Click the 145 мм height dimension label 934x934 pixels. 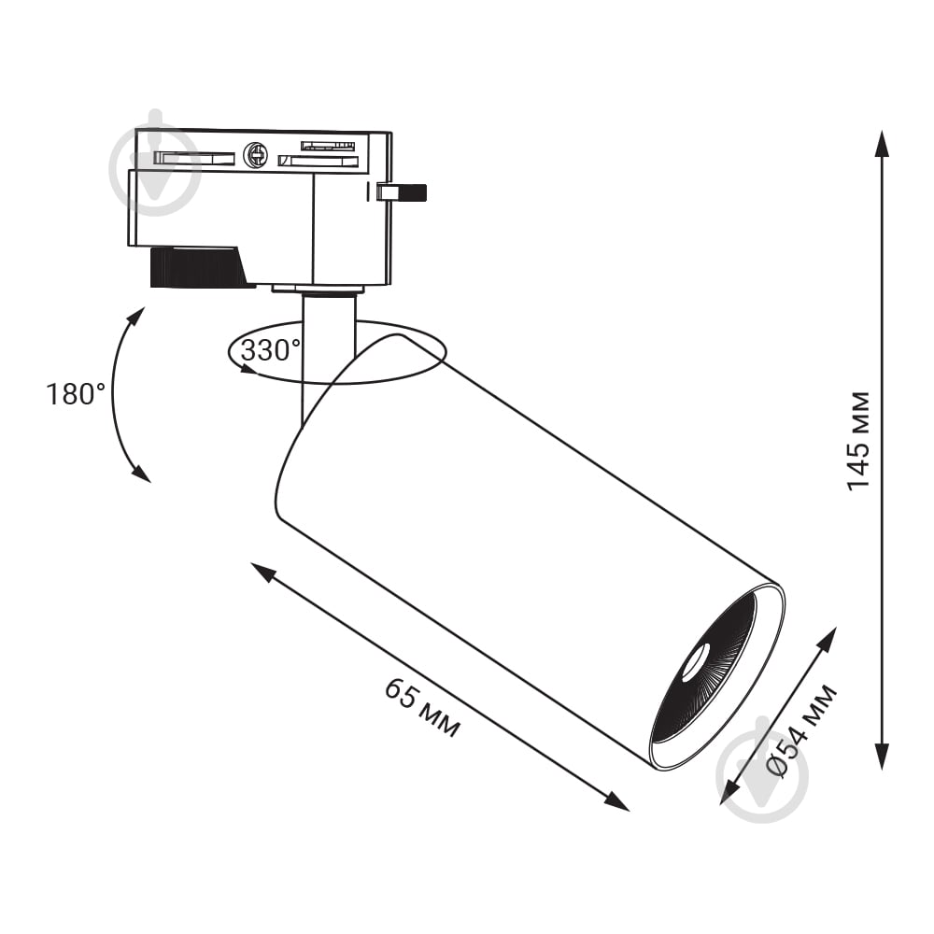point(858,442)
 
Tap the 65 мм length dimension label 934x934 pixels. point(422,708)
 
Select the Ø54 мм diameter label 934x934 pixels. point(801,732)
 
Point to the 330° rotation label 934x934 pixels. point(271,350)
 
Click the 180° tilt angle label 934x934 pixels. point(76,394)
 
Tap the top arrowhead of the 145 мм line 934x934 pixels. point(883,143)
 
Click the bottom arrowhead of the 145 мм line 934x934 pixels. point(883,757)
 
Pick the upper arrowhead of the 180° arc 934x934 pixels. point(137,316)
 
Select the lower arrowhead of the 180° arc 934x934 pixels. point(142,474)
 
